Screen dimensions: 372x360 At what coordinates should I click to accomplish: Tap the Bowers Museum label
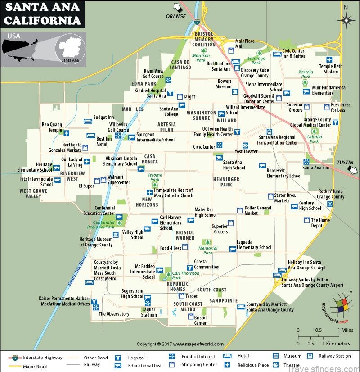click(x=224, y=84)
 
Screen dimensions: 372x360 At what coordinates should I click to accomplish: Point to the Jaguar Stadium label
click(x=149, y=312)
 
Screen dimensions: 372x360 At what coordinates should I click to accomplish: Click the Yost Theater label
click(x=247, y=151)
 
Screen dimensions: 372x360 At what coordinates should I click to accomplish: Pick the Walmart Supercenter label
click(x=118, y=180)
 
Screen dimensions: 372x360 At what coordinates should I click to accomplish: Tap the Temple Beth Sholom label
click(x=331, y=69)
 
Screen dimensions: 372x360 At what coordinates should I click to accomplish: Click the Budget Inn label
click(x=103, y=118)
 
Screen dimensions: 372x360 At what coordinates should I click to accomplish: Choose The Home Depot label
click(x=320, y=223)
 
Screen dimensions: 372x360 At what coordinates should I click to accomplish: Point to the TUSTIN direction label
click(x=345, y=163)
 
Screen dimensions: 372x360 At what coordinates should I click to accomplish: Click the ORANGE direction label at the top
click(x=175, y=16)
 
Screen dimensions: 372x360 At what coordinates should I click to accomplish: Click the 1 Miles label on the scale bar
click(x=346, y=330)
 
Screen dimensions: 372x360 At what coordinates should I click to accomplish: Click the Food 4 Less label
click(x=171, y=248)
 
